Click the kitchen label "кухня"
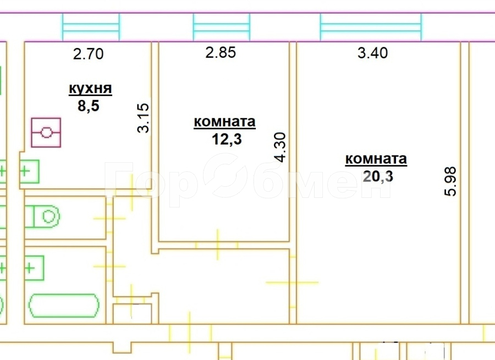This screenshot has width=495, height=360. point(90,88)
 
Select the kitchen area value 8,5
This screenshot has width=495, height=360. point(88,106)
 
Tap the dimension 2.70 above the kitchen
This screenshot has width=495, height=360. point(89,54)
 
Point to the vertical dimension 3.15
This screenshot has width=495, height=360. point(144,118)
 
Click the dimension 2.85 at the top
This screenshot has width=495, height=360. point(220,53)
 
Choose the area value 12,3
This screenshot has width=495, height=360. point(227,139)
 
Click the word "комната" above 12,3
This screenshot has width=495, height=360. point(224,122)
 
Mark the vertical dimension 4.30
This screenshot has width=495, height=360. point(280,147)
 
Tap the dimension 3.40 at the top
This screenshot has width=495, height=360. point(372,53)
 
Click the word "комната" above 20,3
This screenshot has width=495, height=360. point(376,159)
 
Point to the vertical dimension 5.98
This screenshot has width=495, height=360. point(452,182)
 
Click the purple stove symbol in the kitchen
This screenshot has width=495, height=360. point(46,132)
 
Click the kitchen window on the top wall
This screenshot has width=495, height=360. point(90,26)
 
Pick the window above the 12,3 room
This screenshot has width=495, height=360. point(221,26)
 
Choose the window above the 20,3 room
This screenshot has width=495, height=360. point(371,26)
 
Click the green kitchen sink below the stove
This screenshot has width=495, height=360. point(30,171)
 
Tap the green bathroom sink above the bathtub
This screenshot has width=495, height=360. point(34,268)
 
